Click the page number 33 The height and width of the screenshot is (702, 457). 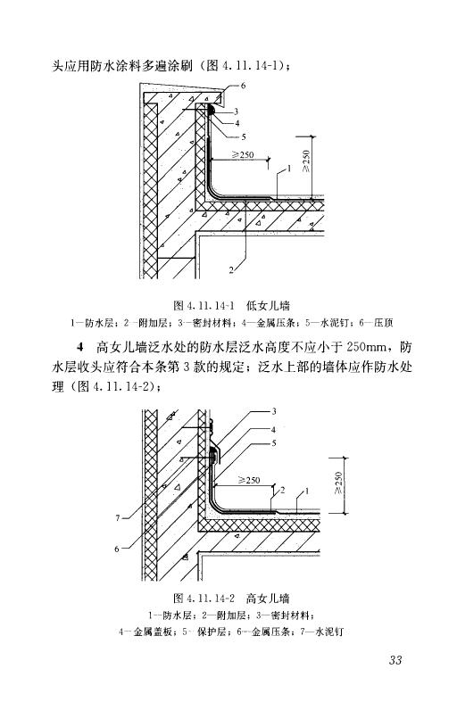(395, 660)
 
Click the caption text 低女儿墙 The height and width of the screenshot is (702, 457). (268, 306)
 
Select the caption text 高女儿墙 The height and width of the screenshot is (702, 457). (268, 599)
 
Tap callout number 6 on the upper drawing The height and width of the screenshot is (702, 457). (244, 85)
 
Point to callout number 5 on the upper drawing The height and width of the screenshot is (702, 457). (244, 137)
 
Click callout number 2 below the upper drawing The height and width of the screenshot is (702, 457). (231, 269)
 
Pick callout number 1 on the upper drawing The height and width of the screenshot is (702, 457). (289, 169)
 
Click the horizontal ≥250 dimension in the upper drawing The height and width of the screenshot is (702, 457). (243, 154)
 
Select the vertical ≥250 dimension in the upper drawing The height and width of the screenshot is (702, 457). (306, 161)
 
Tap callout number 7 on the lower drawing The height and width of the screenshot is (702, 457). (118, 518)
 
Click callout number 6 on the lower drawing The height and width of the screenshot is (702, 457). (117, 549)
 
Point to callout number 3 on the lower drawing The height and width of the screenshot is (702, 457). (274, 411)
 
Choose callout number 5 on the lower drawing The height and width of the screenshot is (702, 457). (274, 443)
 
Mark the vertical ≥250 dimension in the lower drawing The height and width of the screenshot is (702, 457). (338, 483)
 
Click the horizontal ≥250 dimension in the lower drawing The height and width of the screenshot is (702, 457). (249, 480)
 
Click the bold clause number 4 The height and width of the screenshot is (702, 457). (80, 347)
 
